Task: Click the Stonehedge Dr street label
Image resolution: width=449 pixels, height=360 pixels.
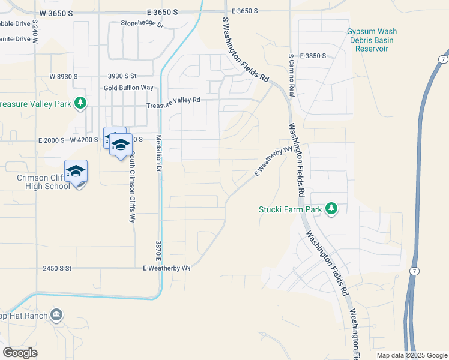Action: pyautogui.click(x=142, y=24)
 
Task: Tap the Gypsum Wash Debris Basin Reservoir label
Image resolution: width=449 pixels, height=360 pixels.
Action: pyautogui.click(x=372, y=40)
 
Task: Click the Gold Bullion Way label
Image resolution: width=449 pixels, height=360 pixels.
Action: pyautogui.click(x=128, y=88)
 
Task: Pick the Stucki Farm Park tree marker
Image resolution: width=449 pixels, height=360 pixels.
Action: pyautogui.click(x=331, y=209)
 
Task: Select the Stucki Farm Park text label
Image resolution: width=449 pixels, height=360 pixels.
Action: pyautogui.click(x=290, y=209)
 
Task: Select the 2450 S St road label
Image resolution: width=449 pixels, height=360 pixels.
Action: pyautogui.click(x=57, y=268)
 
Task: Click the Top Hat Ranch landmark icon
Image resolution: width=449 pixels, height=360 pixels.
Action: pyautogui.click(x=56, y=314)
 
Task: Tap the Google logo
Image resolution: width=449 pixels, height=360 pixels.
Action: pyautogui.click(x=20, y=353)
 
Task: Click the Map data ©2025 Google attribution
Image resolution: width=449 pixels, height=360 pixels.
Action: pyautogui.click(x=412, y=355)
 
